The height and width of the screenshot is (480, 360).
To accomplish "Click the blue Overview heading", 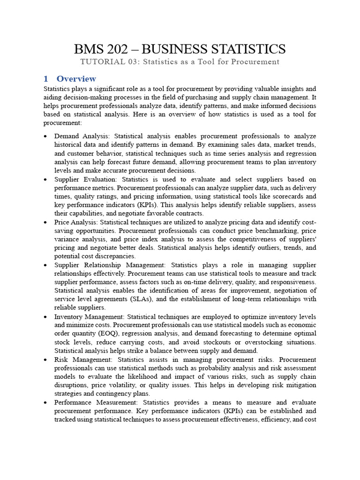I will pyautogui.click(x=76, y=79).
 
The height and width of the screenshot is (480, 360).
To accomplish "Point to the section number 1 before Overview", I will pyautogui.click(x=46, y=79).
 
